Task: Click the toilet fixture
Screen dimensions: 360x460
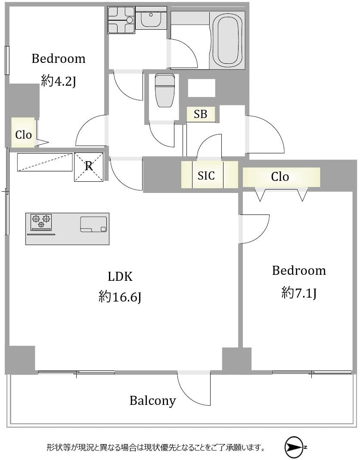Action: [164, 90]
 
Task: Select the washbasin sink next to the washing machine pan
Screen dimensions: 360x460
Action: [151, 19]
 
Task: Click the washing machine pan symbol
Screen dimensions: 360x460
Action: [121, 20]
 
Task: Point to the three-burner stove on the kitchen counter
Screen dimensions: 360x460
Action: [41, 221]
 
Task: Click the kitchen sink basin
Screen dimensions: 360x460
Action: [93, 224]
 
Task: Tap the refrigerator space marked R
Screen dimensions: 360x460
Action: [89, 167]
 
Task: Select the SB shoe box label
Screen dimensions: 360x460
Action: [200, 114]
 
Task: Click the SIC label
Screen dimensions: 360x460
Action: [206, 175]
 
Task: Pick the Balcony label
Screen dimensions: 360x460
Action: [152, 401]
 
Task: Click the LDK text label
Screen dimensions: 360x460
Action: [120, 277]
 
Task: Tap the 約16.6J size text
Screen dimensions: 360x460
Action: [120, 297]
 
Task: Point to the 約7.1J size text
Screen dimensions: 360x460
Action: [299, 293]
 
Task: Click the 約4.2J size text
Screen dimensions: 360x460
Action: [59, 81]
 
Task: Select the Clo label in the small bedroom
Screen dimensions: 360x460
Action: [24, 135]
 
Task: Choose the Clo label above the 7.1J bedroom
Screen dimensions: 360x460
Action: [280, 177]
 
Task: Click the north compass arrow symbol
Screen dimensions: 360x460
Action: [295, 448]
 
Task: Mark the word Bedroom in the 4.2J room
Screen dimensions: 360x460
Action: [59, 59]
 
